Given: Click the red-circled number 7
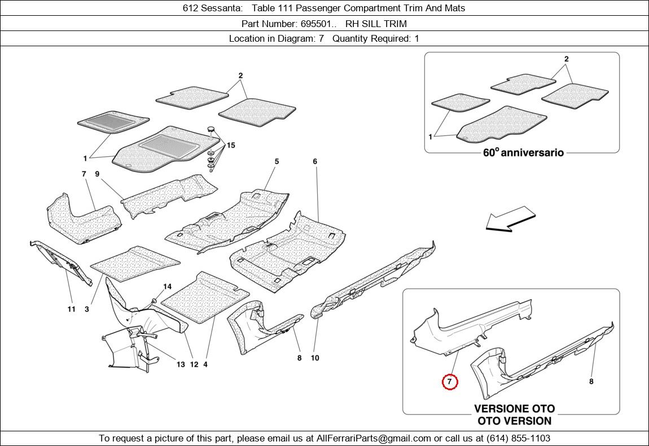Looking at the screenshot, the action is tap(449, 382).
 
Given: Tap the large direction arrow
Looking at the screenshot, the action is tap(510, 219).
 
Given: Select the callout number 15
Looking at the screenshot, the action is tap(231, 145).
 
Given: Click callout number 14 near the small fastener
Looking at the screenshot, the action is tap(167, 286).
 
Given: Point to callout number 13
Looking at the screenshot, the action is tap(181, 365).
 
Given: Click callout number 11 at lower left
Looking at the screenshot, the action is tap(72, 309).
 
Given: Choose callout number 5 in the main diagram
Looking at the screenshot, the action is tap(277, 161).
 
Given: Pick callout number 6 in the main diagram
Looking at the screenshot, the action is tap(315, 161).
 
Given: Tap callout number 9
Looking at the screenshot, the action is tap(97, 174).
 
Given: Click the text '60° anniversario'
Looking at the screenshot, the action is tap(523, 153).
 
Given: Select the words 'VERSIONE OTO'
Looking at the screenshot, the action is tap(515, 409).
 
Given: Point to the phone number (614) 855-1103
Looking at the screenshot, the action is tap(518, 438).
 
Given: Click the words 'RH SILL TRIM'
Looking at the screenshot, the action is tap(376, 24).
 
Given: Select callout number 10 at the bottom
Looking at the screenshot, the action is tap(315, 358).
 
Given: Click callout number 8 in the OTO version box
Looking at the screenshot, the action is tap(591, 382).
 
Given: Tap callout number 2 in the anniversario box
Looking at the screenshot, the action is tap(567, 59).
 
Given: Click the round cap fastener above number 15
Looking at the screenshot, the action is tap(212, 131).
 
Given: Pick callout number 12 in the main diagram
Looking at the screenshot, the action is tap(194, 365).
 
